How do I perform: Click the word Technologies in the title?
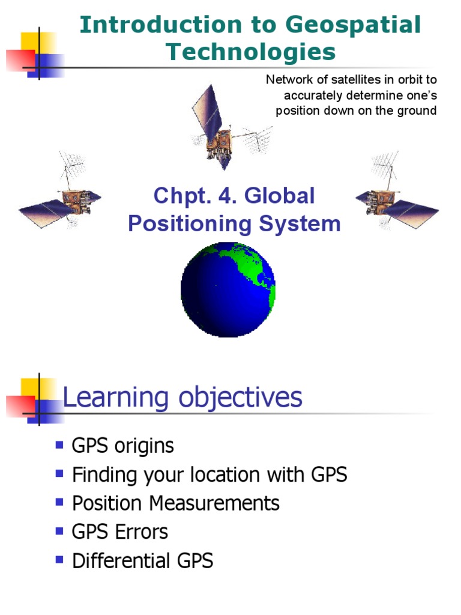(251, 52)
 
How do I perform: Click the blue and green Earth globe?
(228, 289)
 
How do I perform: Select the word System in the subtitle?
(306, 224)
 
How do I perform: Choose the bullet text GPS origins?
(123, 446)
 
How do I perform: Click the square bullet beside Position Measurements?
(59, 501)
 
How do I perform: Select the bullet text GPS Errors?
(120, 532)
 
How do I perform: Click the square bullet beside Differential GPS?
(59, 559)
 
